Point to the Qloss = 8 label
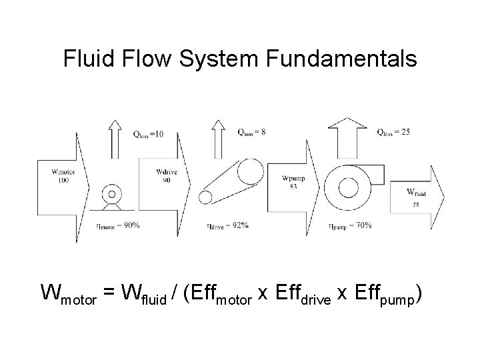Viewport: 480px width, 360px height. coord(251,132)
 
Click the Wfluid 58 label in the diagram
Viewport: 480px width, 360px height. coord(416,196)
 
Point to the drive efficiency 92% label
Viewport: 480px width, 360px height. coord(227,225)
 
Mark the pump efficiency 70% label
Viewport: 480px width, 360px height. coord(350,225)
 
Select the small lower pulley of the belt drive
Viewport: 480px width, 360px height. coord(208,197)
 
